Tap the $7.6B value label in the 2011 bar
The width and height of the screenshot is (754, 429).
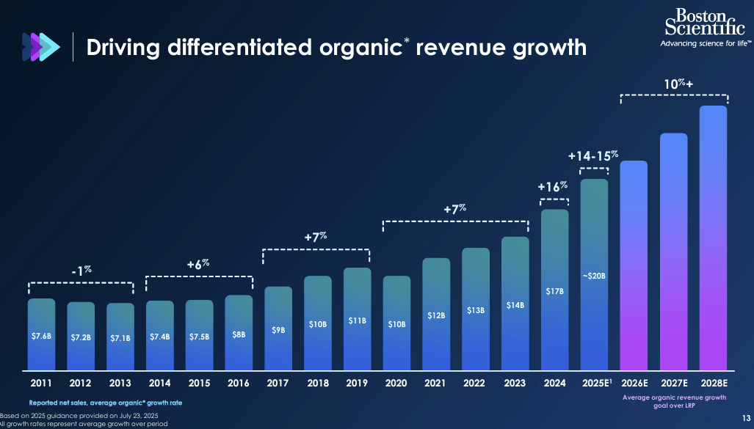click(x=41, y=337)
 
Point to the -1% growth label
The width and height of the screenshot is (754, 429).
click(x=81, y=271)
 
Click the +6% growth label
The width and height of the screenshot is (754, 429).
click(x=198, y=263)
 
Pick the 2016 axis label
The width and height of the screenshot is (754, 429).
click(x=239, y=383)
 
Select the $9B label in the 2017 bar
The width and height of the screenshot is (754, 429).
click(x=278, y=330)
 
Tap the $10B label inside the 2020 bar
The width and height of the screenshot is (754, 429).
click(x=396, y=323)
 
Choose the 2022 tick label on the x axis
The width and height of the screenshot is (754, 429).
click(x=476, y=383)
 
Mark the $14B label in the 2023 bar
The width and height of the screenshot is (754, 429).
click(x=515, y=305)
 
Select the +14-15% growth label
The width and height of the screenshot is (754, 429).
click(x=594, y=156)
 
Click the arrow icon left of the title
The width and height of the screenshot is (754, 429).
click(x=39, y=46)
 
